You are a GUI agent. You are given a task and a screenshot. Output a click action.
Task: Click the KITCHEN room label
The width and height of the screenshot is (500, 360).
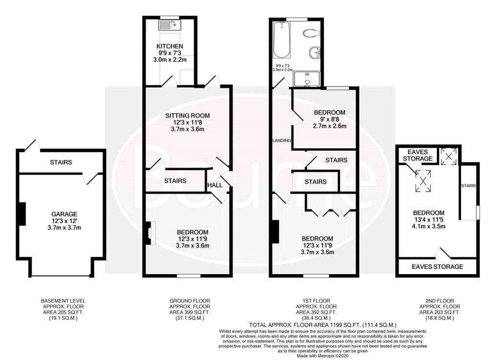(x=169, y=46)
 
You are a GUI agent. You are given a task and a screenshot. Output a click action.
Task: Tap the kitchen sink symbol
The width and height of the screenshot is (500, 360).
(x=169, y=25)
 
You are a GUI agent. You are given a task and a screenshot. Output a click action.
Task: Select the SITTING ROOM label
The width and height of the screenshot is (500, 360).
(x=187, y=116)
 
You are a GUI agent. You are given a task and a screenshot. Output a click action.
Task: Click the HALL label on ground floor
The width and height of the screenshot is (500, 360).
(x=215, y=185)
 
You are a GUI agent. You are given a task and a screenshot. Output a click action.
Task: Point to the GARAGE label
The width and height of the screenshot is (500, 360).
(x=64, y=214)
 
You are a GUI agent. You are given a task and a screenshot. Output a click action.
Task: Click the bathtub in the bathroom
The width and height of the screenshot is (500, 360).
(x=282, y=40)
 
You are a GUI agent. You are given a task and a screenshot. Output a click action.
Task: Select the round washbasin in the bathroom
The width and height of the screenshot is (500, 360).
(x=315, y=53)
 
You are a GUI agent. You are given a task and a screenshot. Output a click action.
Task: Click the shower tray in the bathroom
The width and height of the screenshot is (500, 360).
(x=307, y=79)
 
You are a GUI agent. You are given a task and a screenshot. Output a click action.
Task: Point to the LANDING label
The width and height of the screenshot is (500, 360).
(x=282, y=140)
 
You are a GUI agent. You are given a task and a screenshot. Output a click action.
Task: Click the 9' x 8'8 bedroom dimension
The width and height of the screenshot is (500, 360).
(x=330, y=119)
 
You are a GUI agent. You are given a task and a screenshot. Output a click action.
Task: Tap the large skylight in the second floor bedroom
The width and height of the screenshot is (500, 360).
(x=423, y=181)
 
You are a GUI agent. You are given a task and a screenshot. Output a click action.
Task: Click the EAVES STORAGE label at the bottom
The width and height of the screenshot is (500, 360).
(x=437, y=267)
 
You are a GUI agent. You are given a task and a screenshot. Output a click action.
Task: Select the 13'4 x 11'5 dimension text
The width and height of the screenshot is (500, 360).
(x=429, y=220)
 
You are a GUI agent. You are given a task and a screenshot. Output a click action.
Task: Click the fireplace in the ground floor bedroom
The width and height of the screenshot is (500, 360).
(x=150, y=233)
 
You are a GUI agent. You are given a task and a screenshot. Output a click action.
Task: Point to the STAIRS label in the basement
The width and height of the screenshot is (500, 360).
(x=61, y=162)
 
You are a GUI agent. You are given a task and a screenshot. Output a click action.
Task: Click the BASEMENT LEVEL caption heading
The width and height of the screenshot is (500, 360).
(x=63, y=301)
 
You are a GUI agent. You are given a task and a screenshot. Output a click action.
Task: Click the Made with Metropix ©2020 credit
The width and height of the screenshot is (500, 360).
(x=323, y=356)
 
